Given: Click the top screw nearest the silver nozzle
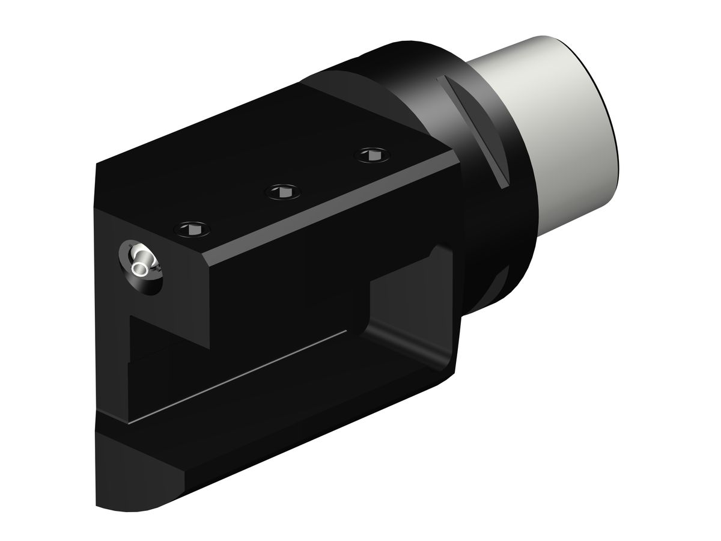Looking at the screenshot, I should click(192, 228).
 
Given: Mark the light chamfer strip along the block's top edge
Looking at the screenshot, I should click(330, 207).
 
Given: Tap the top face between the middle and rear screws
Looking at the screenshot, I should click(324, 174).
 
